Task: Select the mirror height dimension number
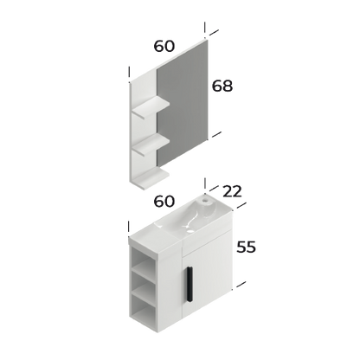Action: (224, 85)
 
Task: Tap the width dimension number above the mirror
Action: (164, 43)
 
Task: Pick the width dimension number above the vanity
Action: (164, 202)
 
